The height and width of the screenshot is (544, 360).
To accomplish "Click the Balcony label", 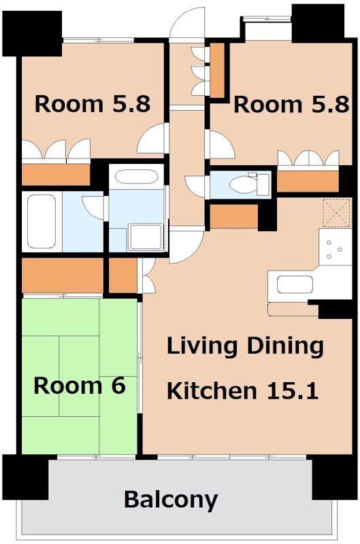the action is tap(171, 500).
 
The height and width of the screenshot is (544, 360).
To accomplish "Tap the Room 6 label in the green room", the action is tap(80, 386).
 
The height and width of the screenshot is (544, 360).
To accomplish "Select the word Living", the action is tap(202, 347).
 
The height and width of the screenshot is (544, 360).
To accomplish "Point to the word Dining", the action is tap(285, 347).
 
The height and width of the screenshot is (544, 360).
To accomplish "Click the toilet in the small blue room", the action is tap(250, 183).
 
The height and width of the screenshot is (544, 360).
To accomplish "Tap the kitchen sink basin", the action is tap(295, 284).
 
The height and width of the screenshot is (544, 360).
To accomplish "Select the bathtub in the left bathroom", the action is tap(42, 222).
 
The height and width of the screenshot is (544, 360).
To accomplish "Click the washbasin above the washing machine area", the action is tap(136, 177).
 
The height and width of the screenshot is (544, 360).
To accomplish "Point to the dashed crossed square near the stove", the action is tap(337, 213).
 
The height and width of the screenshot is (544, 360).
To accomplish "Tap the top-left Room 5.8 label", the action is tap(93, 104).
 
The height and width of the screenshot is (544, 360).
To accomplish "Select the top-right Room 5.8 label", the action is tap(291, 105).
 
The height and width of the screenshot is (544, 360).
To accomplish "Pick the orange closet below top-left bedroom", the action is tap(56, 175).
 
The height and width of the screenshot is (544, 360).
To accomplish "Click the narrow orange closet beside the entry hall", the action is tap(218, 71).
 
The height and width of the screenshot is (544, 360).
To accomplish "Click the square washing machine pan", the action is tap(145, 237).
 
